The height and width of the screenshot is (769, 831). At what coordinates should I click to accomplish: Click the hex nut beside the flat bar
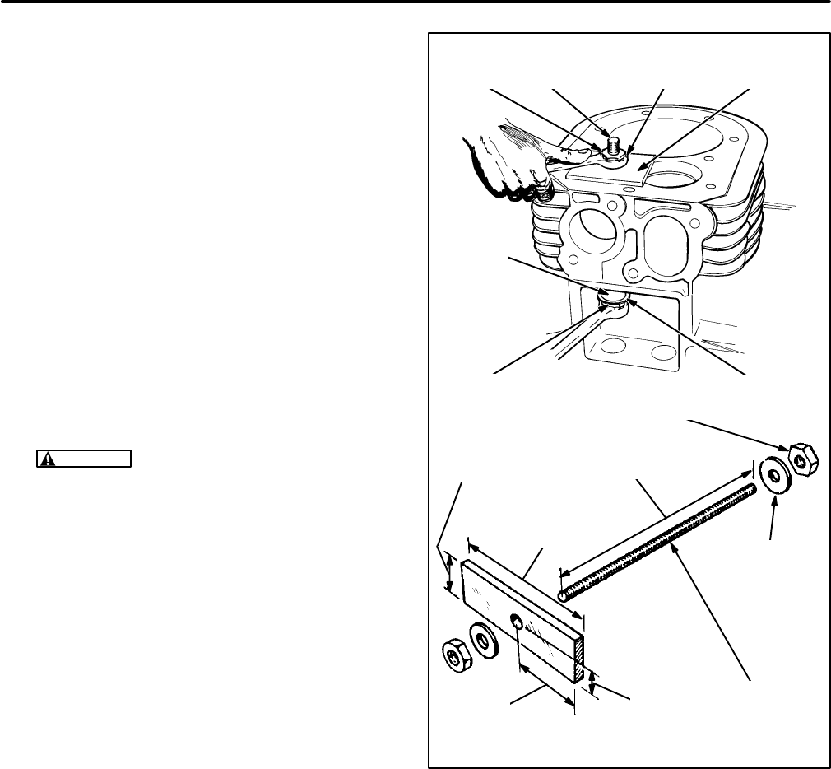click(x=454, y=656)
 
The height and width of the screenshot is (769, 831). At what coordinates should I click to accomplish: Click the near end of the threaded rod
click(x=564, y=594)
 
